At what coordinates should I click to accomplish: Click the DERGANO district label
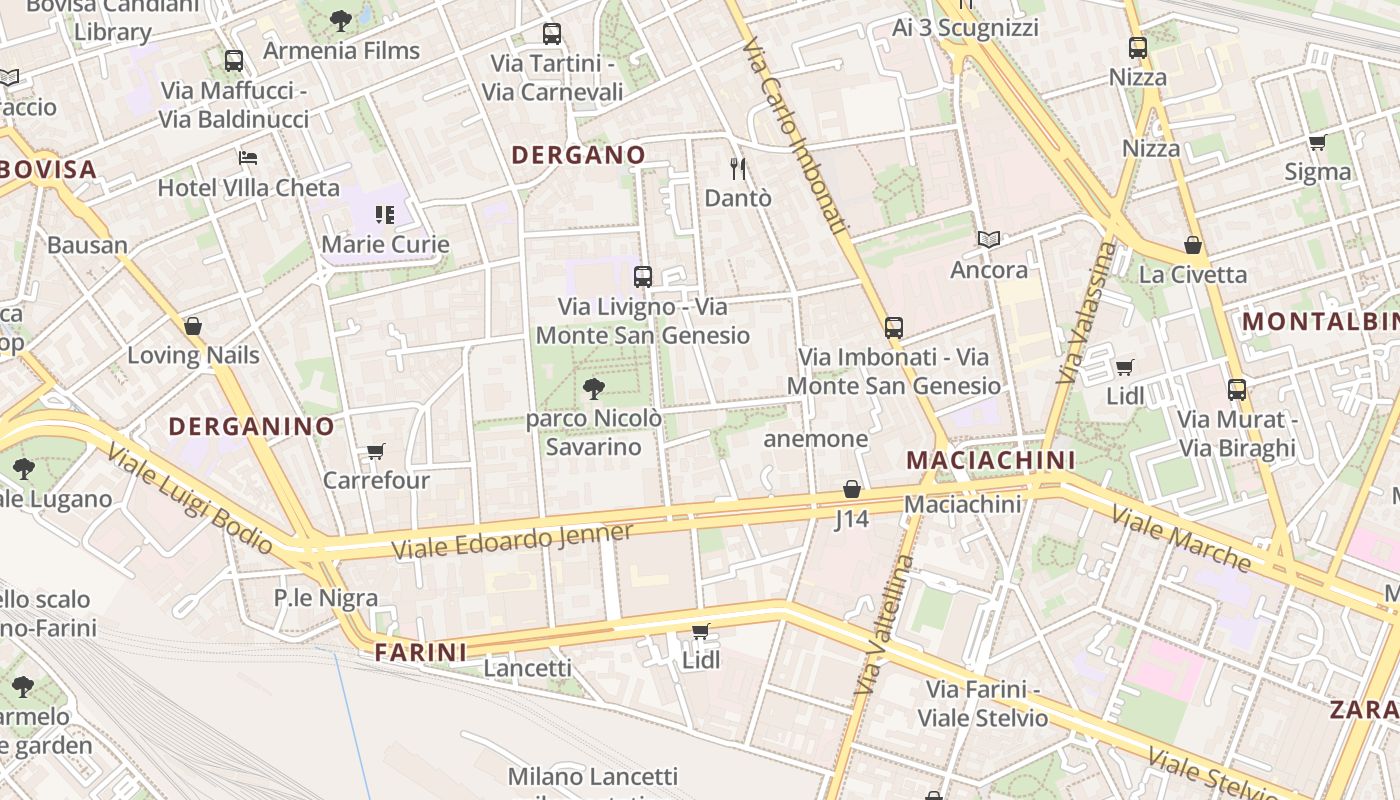click(x=578, y=155)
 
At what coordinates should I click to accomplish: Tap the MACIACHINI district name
click(x=990, y=460)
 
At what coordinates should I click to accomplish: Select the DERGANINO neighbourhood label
click(x=251, y=426)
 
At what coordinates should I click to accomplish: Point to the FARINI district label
click(x=420, y=653)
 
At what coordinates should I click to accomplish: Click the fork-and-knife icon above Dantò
click(x=738, y=168)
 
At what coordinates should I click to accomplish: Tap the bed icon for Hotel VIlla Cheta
click(x=248, y=158)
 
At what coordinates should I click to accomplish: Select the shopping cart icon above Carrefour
click(x=376, y=451)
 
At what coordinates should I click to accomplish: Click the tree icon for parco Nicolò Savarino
click(x=594, y=389)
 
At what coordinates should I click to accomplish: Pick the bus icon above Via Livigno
click(x=643, y=277)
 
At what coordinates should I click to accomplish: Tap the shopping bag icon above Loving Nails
click(x=193, y=326)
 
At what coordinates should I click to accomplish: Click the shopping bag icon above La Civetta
click(x=1192, y=245)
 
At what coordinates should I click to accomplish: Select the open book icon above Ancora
click(x=989, y=240)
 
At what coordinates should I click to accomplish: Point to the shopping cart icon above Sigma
click(x=1317, y=142)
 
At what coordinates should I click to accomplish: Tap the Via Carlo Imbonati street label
click(x=796, y=137)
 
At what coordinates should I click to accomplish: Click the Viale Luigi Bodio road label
click(x=189, y=500)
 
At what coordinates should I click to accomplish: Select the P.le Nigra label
click(x=326, y=598)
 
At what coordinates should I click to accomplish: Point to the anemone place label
click(x=815, y=439)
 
